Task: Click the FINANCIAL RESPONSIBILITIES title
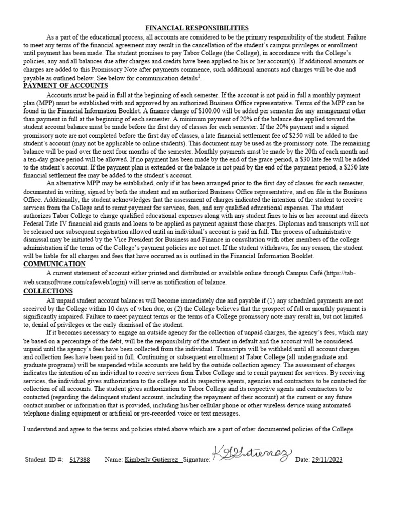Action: pyautogui.click(x=197, y=28)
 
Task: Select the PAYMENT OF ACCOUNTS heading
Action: pyautogui.click(x=66, y=86)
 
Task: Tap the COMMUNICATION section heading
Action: pyautogui.click(x=54, y=264)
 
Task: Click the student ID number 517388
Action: pyautogui.click(x=80, y=459)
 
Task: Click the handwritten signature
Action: pyautogui.click(x=251, y=454)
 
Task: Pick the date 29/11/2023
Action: pyautogui.click(x=327, y=459)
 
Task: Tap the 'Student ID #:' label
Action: pyautogui.click(x=44, y=459)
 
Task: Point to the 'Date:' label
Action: pyautogui.click(x=303, y=459)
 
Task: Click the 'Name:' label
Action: pyautogui.click(x=113, y=459)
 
